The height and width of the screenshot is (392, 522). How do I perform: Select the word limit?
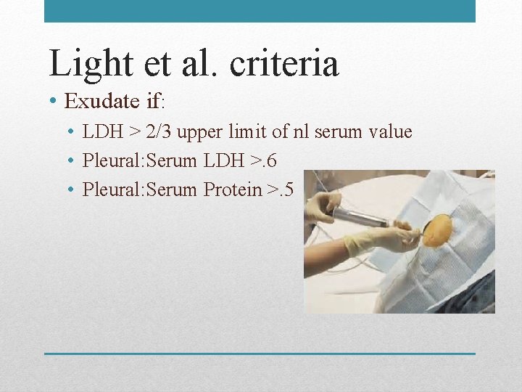click(x=246, y=132)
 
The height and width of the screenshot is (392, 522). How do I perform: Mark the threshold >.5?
click(x=280, y=190)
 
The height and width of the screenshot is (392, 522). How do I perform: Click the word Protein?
click(x=232, y=190)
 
